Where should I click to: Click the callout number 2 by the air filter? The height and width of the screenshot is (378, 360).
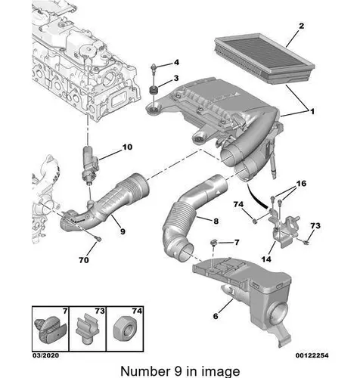pyautogui.click(x=301, y=26)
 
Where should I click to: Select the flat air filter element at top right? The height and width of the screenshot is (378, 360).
pyautogui.click(x=265, y=58)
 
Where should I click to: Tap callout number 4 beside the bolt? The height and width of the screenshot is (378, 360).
pyautogui.click(x=176, y=62)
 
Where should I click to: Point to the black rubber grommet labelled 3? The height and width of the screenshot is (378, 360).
pyautogui.click(x=153, y=90)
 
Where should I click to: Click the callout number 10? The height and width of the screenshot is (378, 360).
pyautogui.click(x=127, y=147)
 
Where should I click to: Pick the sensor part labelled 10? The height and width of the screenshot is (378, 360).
pyautogui.click(x=90, y=164)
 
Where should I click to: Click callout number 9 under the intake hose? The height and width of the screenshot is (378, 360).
pyautogui.click(x=123, y=231)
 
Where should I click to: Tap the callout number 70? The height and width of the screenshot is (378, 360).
pyautogui.click(x=84, y=260)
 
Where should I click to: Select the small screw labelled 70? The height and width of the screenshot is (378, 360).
pyautogui.click(x=98, y=238)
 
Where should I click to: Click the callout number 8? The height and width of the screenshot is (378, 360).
pyautogui.click(x=216, y=221)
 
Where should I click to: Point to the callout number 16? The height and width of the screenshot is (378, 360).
pyautogui.click(x=301, y=184)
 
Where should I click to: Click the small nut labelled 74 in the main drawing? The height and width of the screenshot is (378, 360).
pyautogui.click(x=255, y=222)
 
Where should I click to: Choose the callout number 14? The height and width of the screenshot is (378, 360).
pyautogui.click(x=266, y=259)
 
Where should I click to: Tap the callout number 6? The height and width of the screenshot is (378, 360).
pyautogui.click(x=216, y=316)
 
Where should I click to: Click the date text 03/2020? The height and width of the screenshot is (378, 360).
pyautogui.click(x=45, y=355)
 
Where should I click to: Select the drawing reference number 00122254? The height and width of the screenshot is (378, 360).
pyautogui.click(x=312, y=355)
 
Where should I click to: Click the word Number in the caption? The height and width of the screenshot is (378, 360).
pyautogui.click(x=145, y=371)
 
